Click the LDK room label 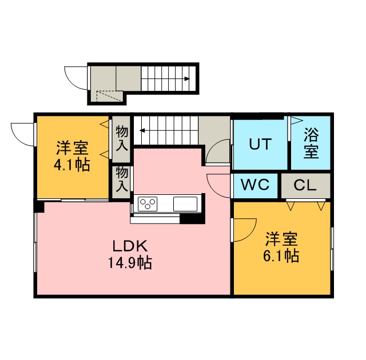point(130,246)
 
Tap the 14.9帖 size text point(130,263)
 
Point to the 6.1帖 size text point(281,256)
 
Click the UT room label point(260,144)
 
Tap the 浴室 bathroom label point(311,143)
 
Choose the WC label point(255,185)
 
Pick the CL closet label point(305,185)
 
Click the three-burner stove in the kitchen point(148,204)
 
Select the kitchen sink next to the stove point(185,204)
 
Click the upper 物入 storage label point(122,138)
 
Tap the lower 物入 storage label point(122,179)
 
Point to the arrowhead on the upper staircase point(187,79)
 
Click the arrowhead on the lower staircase point(142,130)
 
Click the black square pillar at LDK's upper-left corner point(39,206)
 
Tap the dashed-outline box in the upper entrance point(109,96)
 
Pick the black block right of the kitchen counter point(192,220)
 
